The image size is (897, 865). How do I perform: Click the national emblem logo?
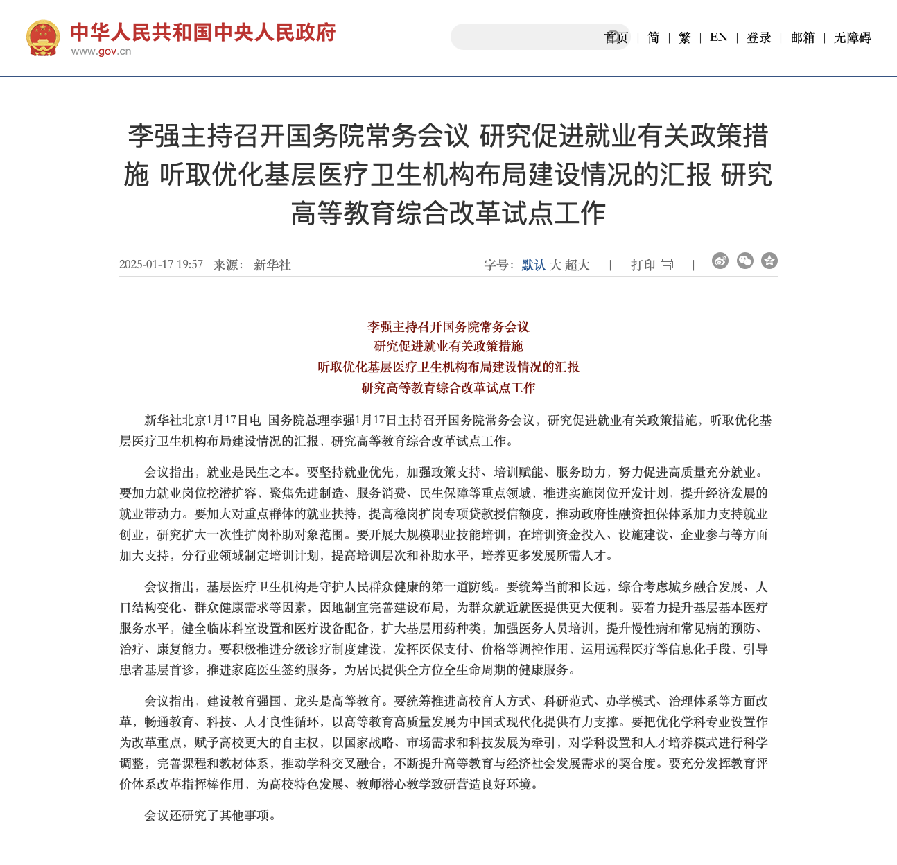click(x=43, y=37)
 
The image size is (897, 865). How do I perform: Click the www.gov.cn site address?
click(x=101, y=51)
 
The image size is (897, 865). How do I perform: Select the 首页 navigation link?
click(x=616, y=37)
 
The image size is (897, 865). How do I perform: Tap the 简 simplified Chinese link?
click(x=654, y=37)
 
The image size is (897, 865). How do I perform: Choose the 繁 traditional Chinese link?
click(x=685, y=37)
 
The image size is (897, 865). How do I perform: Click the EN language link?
click(x=719, y=37)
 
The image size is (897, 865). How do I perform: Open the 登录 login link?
click(x=759, y=37)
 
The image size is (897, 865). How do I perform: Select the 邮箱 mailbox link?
click(x=803, y=37)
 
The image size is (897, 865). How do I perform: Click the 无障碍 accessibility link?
click(x=852, y=37)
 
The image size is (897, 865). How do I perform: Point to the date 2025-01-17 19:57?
click(x=161, y=265)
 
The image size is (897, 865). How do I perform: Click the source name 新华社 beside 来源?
click(x=272, y=265)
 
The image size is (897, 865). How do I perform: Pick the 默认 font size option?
click(x=533, y=265)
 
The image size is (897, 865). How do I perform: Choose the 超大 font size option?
click(x=577, y=265)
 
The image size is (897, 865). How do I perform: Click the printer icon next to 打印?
click(x=667, y=265)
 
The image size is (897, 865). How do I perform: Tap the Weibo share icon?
click(x=720, y=261)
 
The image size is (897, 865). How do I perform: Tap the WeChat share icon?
click(x=745, y=261)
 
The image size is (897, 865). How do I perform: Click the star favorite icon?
click(x=769, y=261)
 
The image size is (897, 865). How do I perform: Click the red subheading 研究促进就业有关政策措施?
click(x=448, y=347)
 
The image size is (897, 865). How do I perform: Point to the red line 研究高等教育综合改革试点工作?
click(x=448, y=388)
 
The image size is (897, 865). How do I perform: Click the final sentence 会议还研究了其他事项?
click(x=211, y=816)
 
